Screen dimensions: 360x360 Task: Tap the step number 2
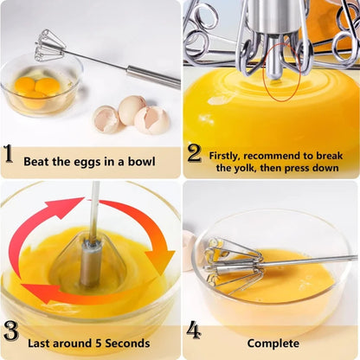pyautogui.click(x=195, y=154)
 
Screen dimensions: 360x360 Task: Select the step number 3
pyautogui.click(x=11, y=331)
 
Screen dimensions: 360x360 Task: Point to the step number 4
pyautogui.click(x=194, y=331)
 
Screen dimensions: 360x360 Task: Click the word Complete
pyautogui.click(x=273, y=343)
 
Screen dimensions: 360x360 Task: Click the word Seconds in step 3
pyautogui.click(x=132, y=343)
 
